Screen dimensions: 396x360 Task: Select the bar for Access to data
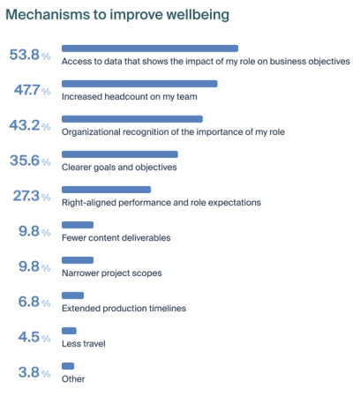coord(150,49)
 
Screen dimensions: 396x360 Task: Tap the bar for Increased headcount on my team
coord(139,84)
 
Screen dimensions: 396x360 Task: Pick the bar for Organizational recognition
coord(132,119)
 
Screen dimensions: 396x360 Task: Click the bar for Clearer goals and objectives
coord(120,154)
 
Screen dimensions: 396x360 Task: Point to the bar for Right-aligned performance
coord(107,190)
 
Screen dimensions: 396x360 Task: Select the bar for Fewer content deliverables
coord(78,225)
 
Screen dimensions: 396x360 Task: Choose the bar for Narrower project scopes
coord(78,260)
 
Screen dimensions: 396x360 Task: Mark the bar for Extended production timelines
coord(73,295)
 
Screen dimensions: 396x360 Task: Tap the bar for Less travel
coord(70,331)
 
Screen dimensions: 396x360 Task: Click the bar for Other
coord(68,366)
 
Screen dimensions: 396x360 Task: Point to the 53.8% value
coord(30,55)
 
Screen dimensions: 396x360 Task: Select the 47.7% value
coord(30,90)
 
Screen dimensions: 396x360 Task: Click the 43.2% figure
coord(30,125)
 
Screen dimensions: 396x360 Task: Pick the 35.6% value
coord(30,161)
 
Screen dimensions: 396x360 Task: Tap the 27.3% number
coord(30,196)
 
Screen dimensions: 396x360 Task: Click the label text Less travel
coord(84,343)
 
